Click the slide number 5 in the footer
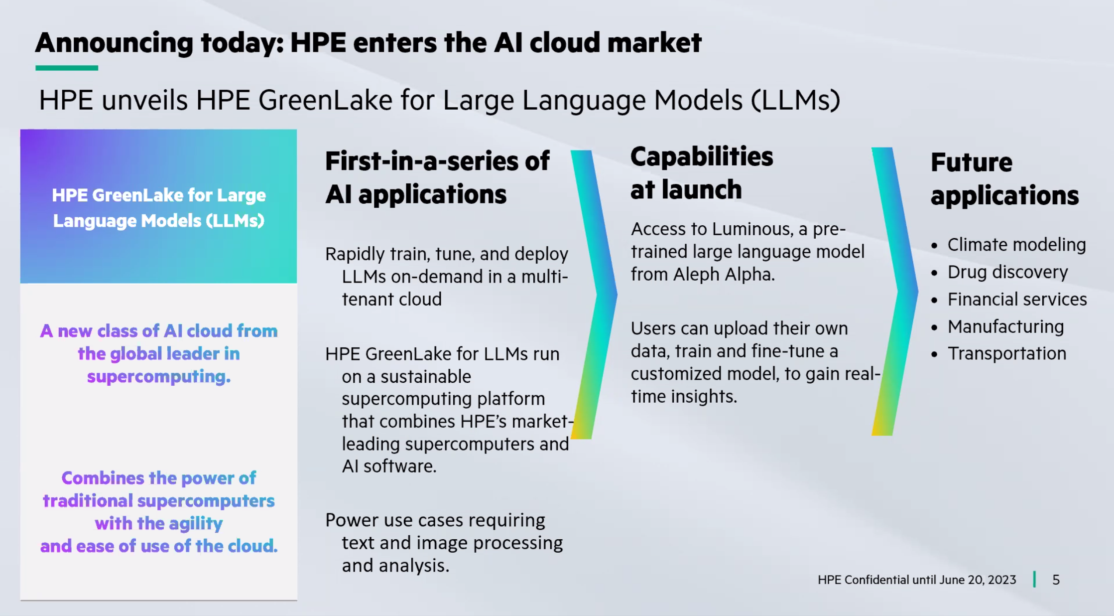pyautogui.click(x=1055, y=580)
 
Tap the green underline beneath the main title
pyautogui.click(x=67, y=68)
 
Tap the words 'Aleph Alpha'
pyautogui.click(x=724, y=274)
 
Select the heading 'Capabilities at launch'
pyautogui.click(x=702, y=173)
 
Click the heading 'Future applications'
pyautogui.click(x=1004, y=179)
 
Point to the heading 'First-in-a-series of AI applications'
pyautogui.click(x=437, y=177)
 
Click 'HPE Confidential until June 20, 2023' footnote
pyautogui.click(x=917, y=580)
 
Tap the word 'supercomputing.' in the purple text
pyautogui.click(x=159, y=377)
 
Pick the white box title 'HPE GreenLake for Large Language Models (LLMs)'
pyautogui.click(x=159, y=208)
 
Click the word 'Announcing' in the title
pyautogui.click(x=114, y=43)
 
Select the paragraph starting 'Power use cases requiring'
pyautogui.click(x=444, y=543)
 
